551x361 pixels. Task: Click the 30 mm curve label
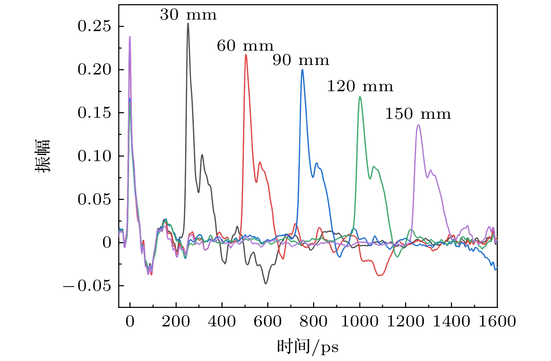tap(188, 15)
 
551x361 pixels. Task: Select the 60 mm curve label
tap(245, 46)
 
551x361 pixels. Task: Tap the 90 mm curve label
tap(301, 60)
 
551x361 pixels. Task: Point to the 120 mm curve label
tap(360, 86)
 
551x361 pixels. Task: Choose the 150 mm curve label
tap(418, 114)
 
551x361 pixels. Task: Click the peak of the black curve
tap(188, 23)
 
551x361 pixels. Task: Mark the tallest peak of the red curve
tap(246, 55)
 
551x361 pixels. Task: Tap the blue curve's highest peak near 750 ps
tap(302, 70)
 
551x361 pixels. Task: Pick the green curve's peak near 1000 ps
tap(360, 97)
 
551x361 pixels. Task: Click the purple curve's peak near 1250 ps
tap(418, 125)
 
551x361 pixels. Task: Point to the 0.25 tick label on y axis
tap(94, 26)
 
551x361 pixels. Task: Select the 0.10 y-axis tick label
tap(94, 156)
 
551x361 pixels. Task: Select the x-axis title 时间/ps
tap(308, 347)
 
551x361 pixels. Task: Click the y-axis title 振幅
tap(43, 156)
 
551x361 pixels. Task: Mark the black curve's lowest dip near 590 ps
tap(266, 283)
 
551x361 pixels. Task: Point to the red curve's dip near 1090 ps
tap(380, 275)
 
